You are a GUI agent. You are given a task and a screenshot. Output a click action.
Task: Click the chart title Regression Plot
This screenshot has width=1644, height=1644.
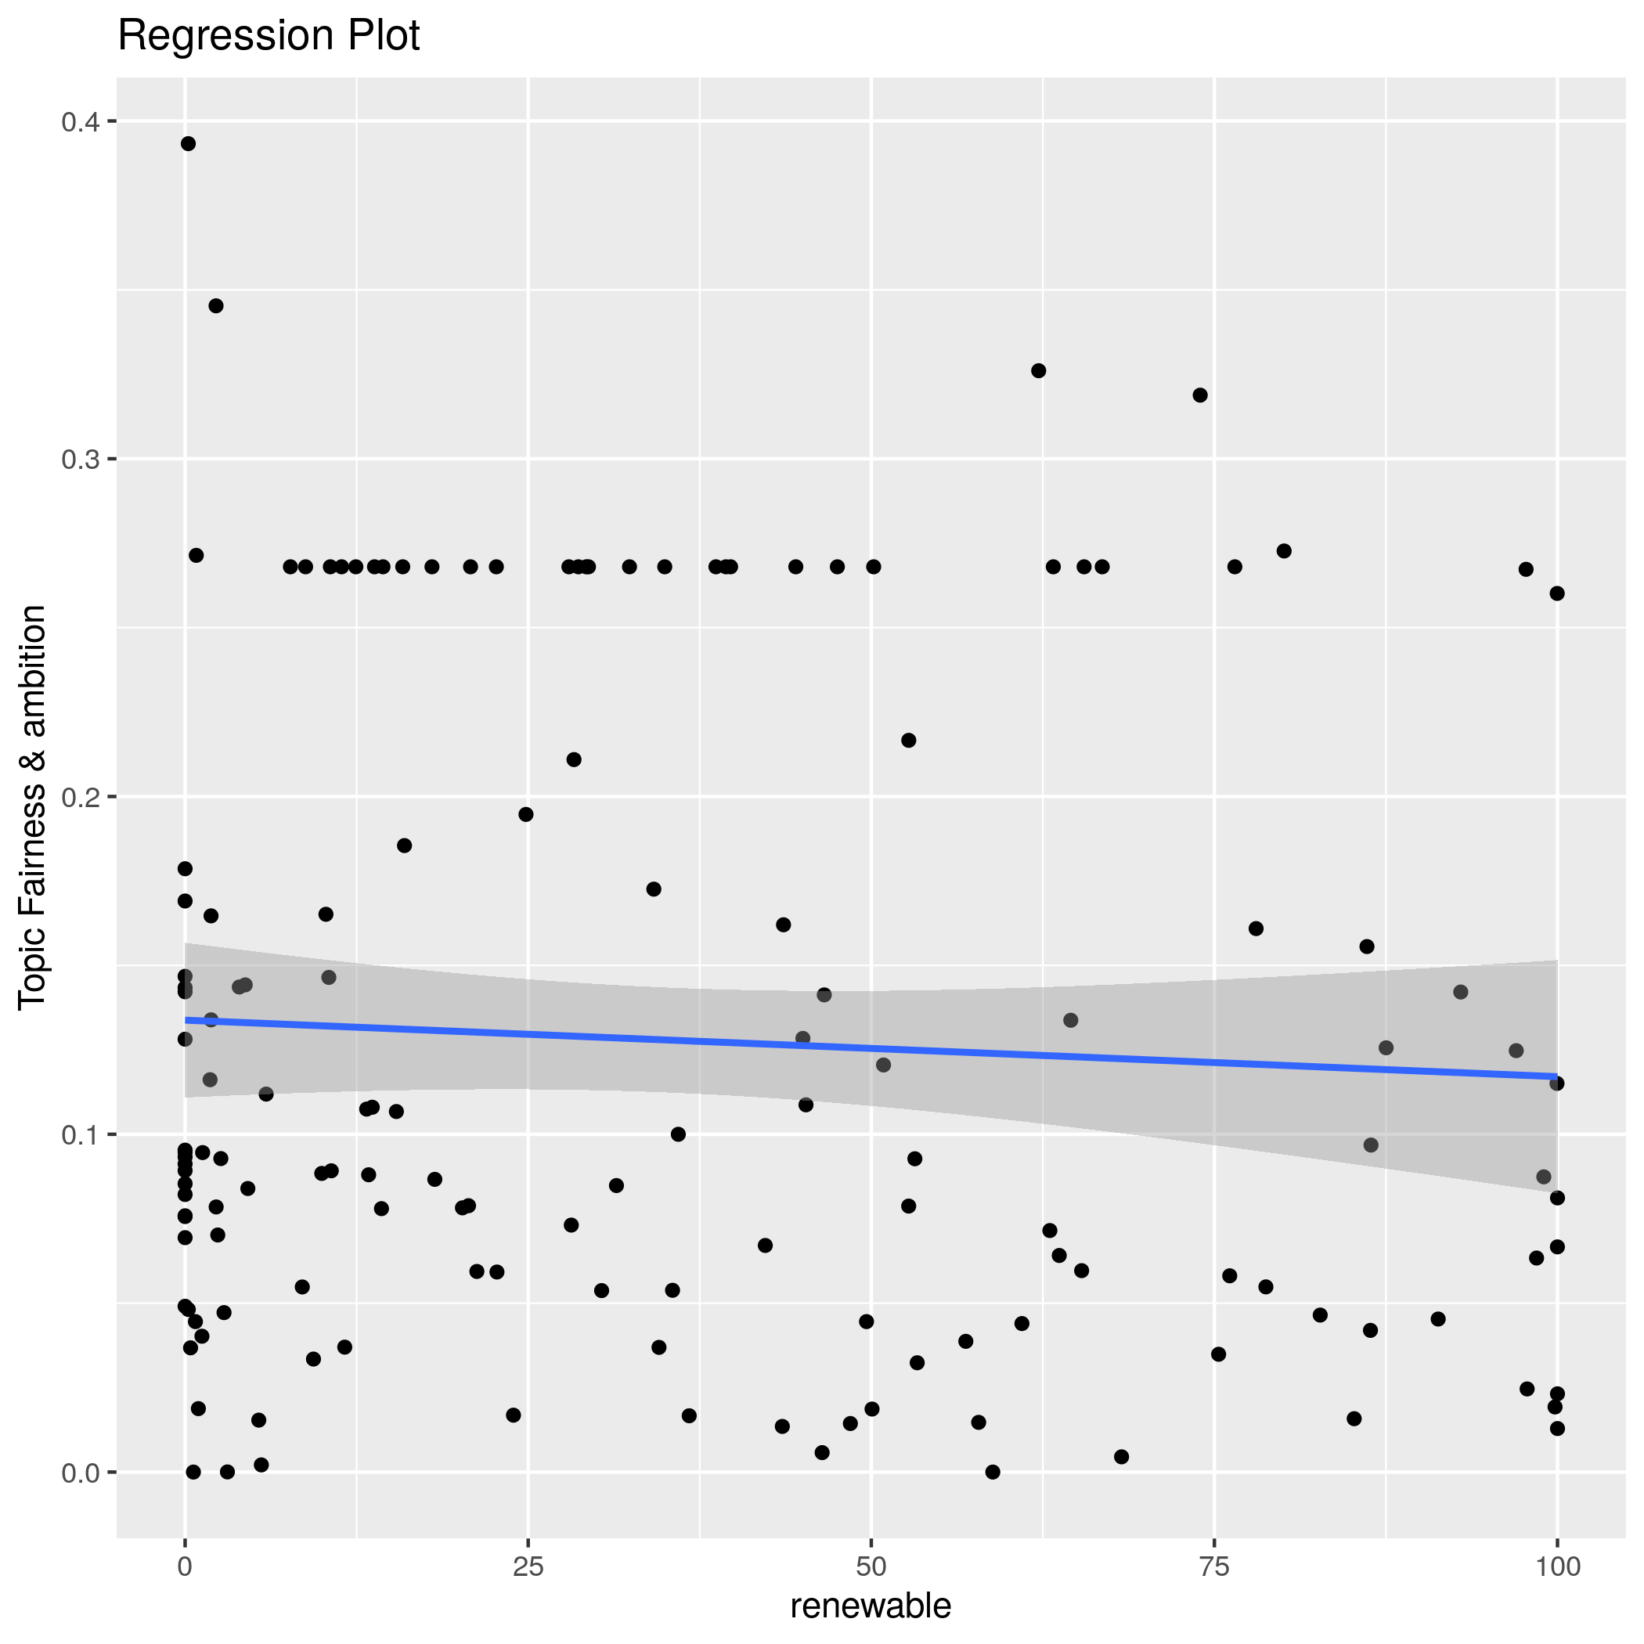coord(268,37)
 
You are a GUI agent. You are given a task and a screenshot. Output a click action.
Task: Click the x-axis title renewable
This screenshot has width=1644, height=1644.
coord(871,1606)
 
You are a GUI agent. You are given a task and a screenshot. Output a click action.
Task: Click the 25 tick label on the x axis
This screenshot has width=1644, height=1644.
coord(528,1566)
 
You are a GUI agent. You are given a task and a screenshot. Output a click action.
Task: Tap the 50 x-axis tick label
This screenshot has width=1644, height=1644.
coord(871,1566)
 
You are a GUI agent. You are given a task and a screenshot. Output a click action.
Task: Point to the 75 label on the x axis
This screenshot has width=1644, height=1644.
coord(1214,1566)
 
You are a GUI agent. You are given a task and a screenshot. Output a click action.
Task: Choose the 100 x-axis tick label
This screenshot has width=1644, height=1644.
coord(1556,1566)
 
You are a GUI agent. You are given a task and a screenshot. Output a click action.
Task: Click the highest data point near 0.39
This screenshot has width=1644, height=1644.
coord(188,144)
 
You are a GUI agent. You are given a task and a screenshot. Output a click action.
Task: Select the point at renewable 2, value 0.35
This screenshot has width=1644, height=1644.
coord(216,305)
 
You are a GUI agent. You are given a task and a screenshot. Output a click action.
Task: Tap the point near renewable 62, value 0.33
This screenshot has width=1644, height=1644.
coord(1038,371)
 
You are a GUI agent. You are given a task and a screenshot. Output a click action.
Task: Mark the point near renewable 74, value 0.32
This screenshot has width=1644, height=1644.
coord(1200,395)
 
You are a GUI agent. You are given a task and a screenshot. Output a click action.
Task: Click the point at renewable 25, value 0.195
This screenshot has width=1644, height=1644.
coord(526,814)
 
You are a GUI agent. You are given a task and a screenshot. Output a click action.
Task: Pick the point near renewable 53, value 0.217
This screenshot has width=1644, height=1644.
coord(908,741)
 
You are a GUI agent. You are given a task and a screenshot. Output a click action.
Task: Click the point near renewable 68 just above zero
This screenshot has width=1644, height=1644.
coord(1121,1457)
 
